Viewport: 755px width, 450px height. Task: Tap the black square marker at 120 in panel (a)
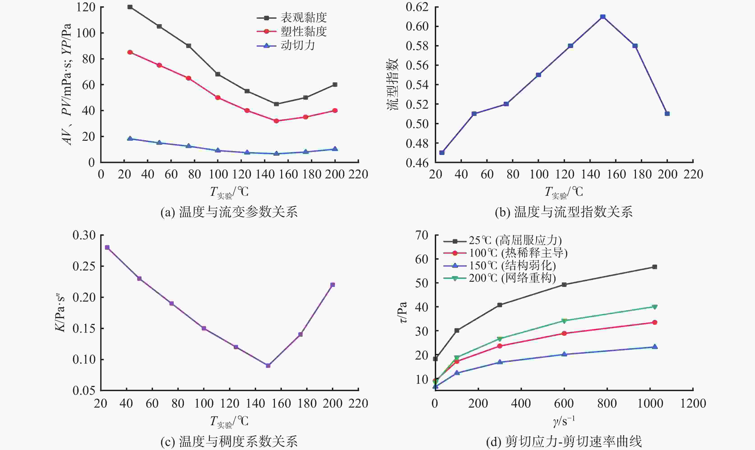tap(130, 7)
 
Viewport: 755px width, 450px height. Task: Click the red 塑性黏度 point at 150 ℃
tap(276, 121)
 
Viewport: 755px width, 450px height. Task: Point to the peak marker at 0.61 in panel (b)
tap(603, 17)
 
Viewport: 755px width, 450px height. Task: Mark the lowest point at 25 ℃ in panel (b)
tap(442, 152)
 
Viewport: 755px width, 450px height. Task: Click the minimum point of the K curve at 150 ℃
tap(268, 365)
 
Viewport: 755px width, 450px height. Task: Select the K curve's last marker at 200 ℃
tap(332, 285)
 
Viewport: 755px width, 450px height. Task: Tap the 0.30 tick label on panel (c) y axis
tap(84, 235)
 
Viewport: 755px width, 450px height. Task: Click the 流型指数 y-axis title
tap(393, 84)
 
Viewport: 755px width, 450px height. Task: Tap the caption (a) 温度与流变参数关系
tap(229, 212)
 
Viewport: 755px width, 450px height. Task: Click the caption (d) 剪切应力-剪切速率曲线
tap(564, 441)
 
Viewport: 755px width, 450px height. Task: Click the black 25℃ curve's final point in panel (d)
tap(655, 267)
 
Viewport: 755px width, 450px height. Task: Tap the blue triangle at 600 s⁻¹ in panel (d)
tap(564, 354)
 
